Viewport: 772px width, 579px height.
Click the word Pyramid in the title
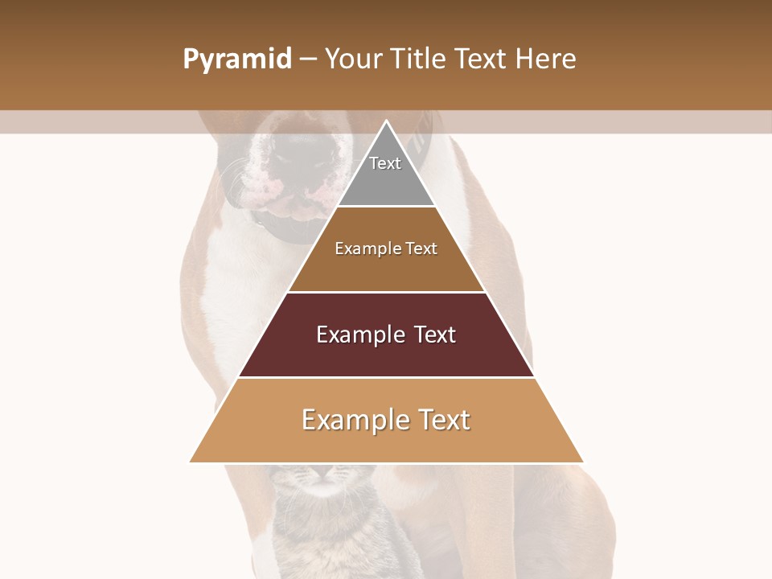pyautogui.click(x=237, y=60)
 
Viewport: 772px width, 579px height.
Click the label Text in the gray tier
pyautogui.click(x=385, y=163)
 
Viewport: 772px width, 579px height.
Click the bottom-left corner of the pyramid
pyautogui.click(x=191, y=462)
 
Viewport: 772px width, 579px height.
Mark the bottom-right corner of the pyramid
pyautogui.click(x=582, y=462)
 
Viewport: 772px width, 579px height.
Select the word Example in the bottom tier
pyautogui.click(x=347, y=420)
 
